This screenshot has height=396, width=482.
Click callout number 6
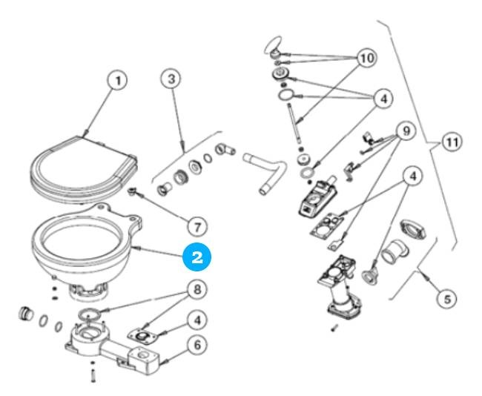click(x=197, y=346)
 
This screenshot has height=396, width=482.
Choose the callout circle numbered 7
click(x=196, y=223)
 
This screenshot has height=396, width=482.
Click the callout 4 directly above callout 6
click(x=198, y=320)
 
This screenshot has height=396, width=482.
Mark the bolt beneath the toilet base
click(x=93, y=375)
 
